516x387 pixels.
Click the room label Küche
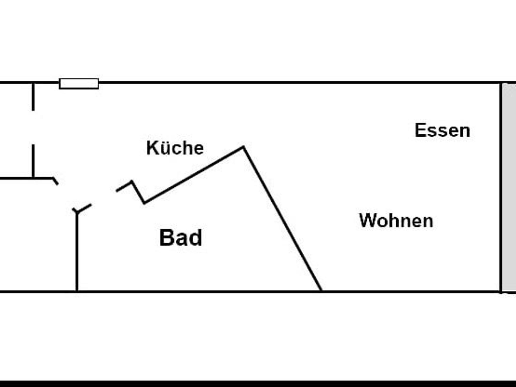pyautogui.click(x=175, y=148)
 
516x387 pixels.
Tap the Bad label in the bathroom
pyautogui.click(x=181, y=238)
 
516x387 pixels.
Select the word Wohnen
pyautogui.click(x=396, y=221)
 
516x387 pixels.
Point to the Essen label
pyautogui.click(x=442, y=130)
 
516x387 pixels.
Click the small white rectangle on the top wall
pyautogui.click(x=79, y=84)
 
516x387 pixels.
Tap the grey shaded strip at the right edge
pyautogui.click(x=509, y=187)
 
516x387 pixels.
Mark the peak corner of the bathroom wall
pyautogui.click(x=243, y=147)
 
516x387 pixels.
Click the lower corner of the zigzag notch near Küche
pyautogui.click(x=144, y=203)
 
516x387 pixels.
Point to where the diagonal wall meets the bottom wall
pyautogui.click(x=321, y=290)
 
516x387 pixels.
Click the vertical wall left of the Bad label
pyautogui.click(x=77, y=252)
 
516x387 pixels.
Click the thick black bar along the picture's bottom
pyautogui.click(x=258, y=384)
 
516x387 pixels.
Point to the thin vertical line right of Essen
pyautogui.click(x=501, y=187)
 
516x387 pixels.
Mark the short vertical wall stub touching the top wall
pyautogui.click(x=33, y=96)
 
